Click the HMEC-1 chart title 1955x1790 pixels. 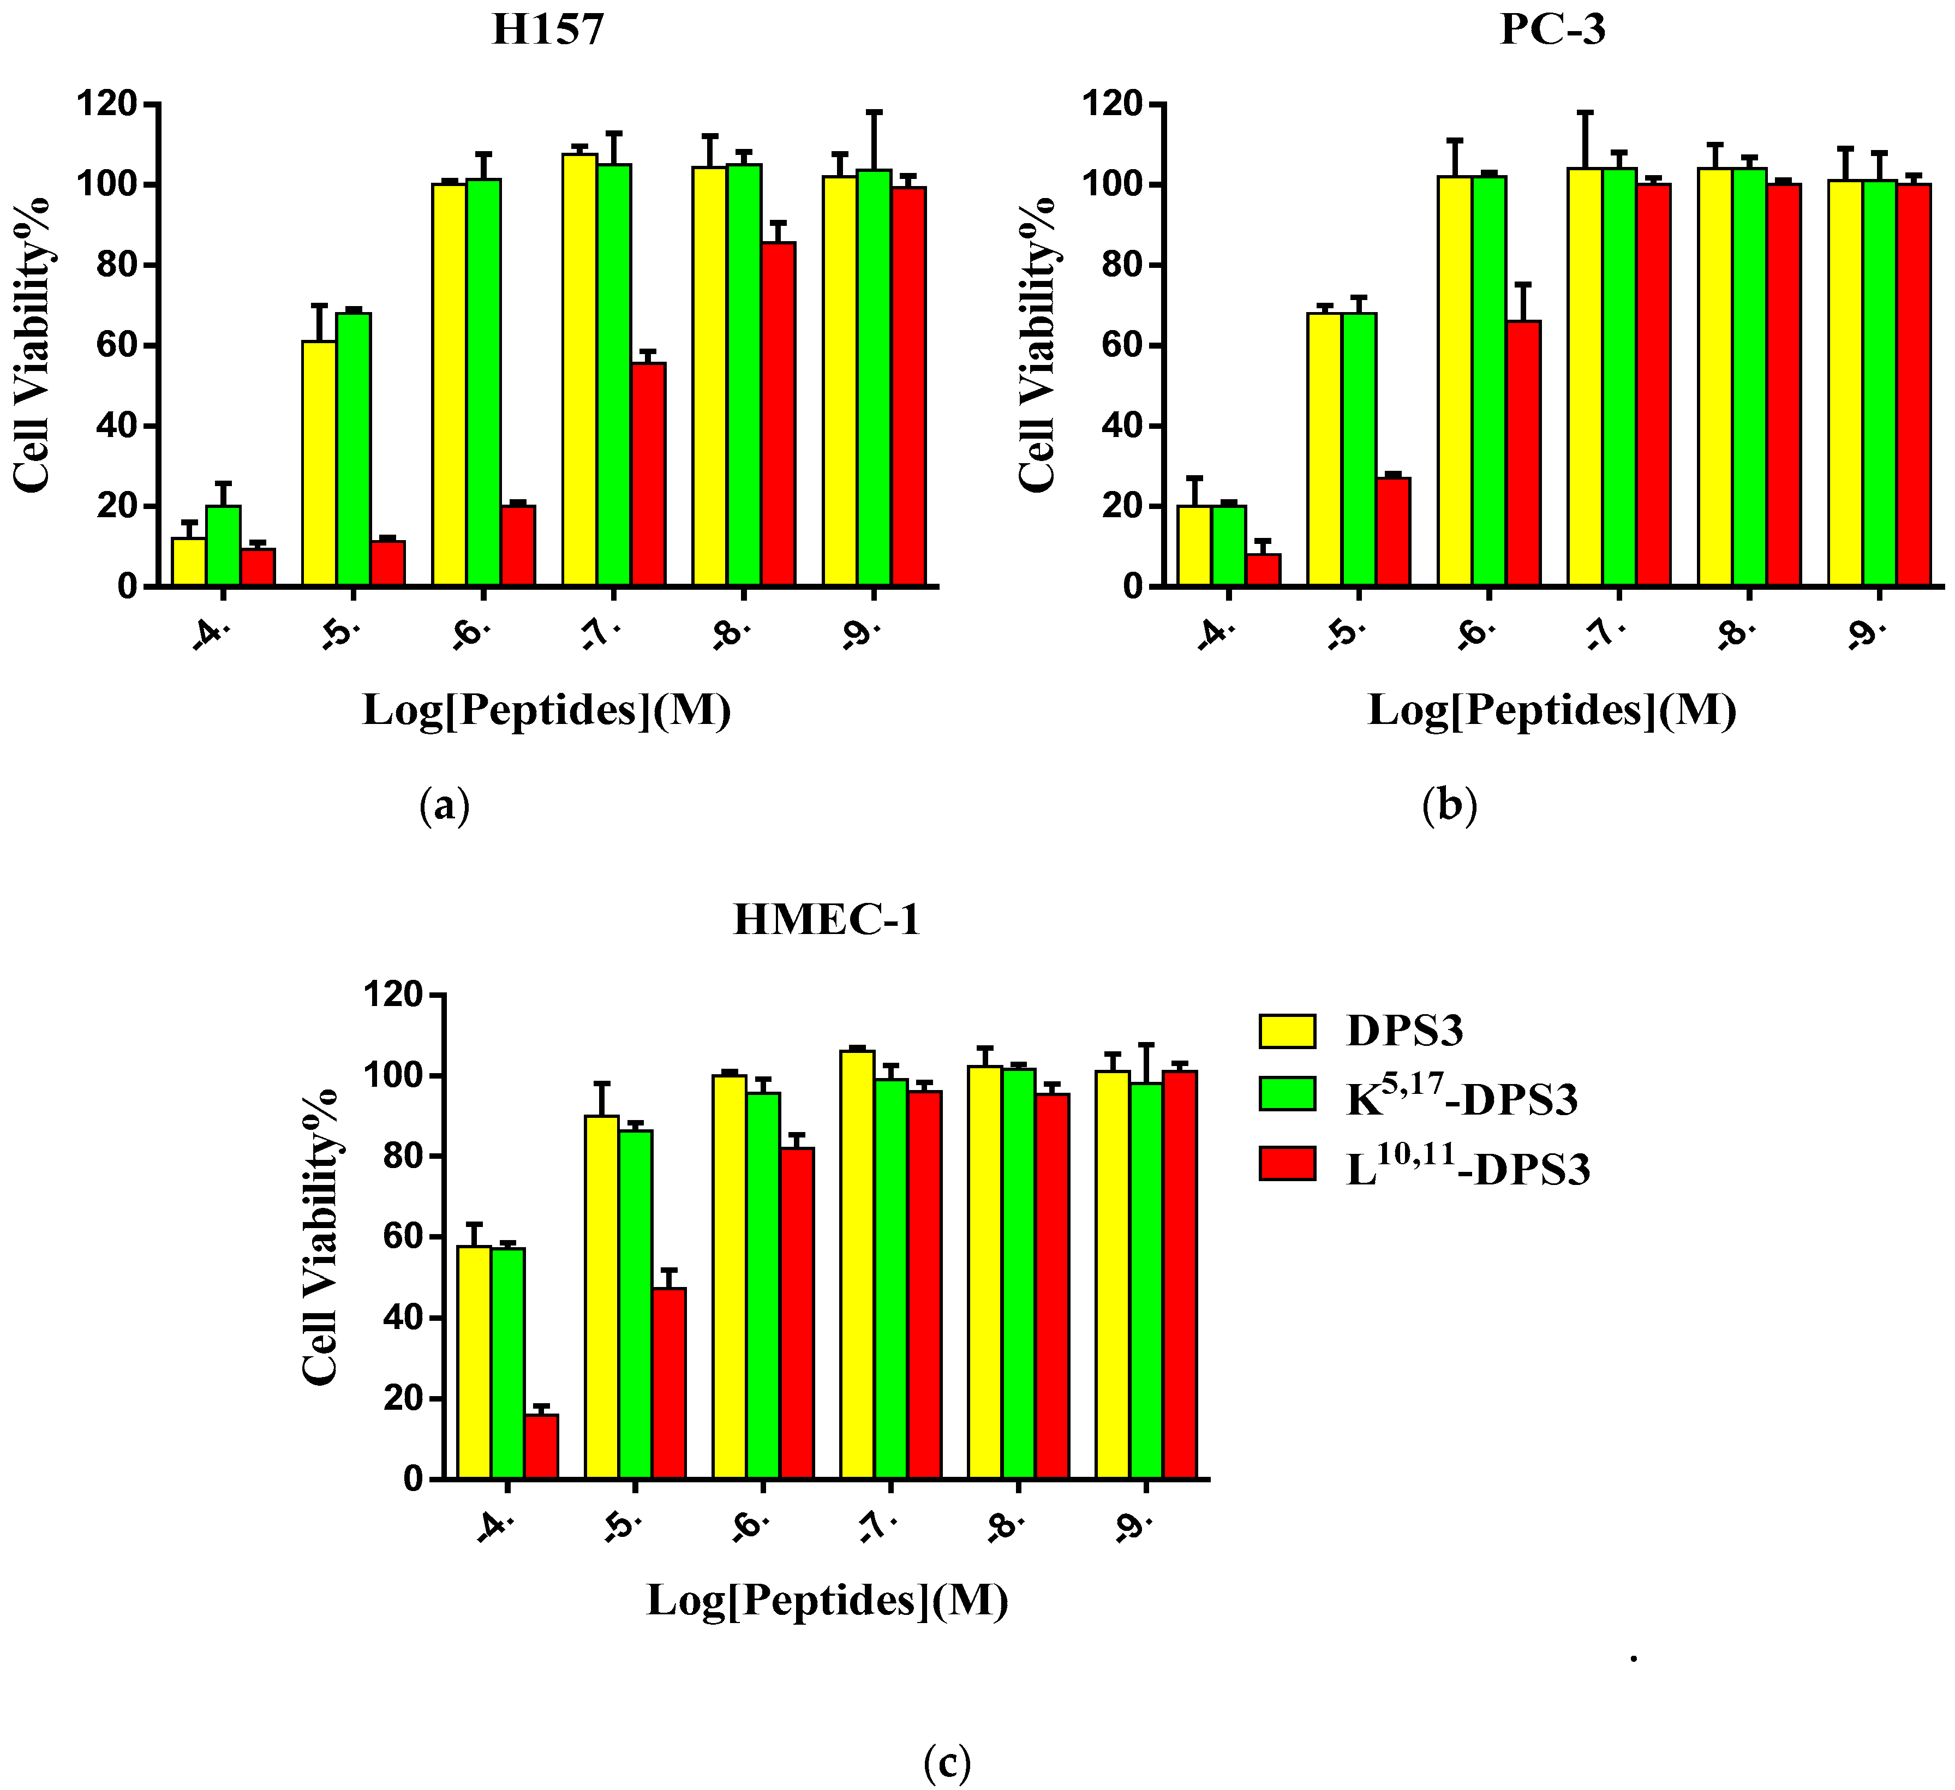pos(826,919)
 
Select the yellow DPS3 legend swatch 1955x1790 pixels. pos(1287,1031)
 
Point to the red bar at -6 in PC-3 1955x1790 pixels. pos(1523,453)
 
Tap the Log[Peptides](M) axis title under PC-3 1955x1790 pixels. pos(1552,710)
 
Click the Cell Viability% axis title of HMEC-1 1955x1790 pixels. pos(320,1236)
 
